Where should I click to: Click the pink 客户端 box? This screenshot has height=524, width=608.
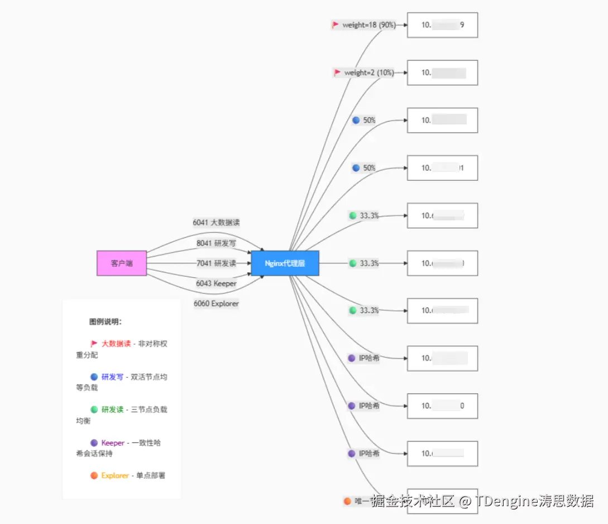pos(122,263)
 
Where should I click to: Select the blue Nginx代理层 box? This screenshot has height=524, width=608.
pos(285,263)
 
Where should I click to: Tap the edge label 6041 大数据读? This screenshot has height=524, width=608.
pos(216,222)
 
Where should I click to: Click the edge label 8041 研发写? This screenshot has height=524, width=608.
pos(216,243)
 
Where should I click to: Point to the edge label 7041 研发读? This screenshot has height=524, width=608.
pos(216,263)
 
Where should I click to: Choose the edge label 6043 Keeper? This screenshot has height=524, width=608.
pos(216,283)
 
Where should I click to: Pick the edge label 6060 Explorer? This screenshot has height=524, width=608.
pos(216,304)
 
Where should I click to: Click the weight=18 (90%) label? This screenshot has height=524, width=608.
pos(369,25)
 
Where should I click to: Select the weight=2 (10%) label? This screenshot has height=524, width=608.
pos(369,73)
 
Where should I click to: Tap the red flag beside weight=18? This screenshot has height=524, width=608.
pos(336,25)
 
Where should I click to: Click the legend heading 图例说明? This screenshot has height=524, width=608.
pos(106,322)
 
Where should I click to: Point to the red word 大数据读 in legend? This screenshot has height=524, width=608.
pos(116,344)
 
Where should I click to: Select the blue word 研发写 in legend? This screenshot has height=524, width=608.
pos(112,377)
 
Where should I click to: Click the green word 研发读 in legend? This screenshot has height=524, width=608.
pos(112,410)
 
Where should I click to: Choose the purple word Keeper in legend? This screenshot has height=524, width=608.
pos(113,443)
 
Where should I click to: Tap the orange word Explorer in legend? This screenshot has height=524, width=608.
pos(115,475)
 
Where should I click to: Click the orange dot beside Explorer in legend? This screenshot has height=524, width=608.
pos(94,475)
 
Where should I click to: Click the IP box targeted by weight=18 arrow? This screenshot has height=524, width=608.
pos(442,25)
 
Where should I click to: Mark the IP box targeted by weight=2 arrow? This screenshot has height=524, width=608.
pos(442,73)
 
